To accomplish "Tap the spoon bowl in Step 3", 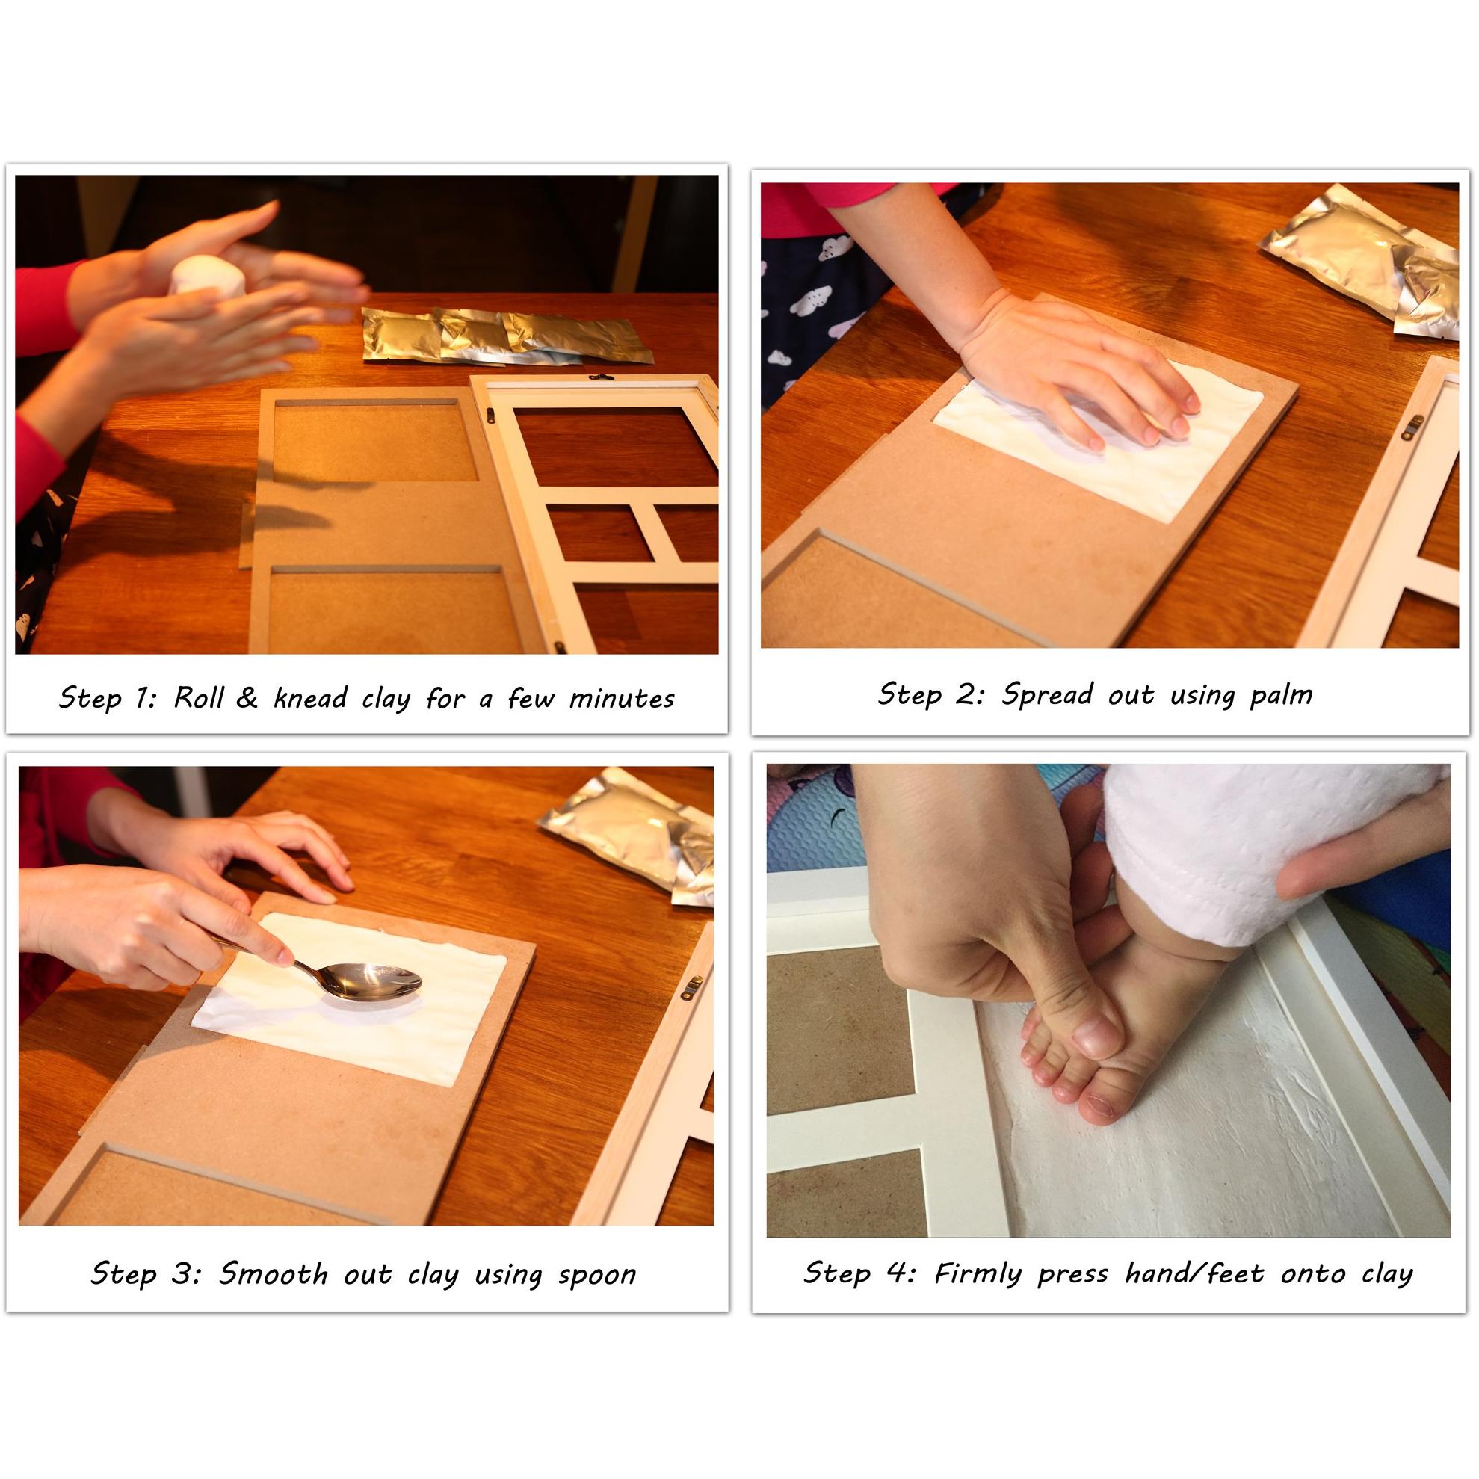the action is pos(374,981).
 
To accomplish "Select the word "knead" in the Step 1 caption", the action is pos(310,697).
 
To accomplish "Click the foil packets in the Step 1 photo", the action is pos(506,336).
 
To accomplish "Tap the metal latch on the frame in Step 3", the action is pos(691,988).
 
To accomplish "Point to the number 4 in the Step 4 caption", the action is pos(895,1272).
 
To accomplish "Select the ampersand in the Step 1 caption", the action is pos(247,697).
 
